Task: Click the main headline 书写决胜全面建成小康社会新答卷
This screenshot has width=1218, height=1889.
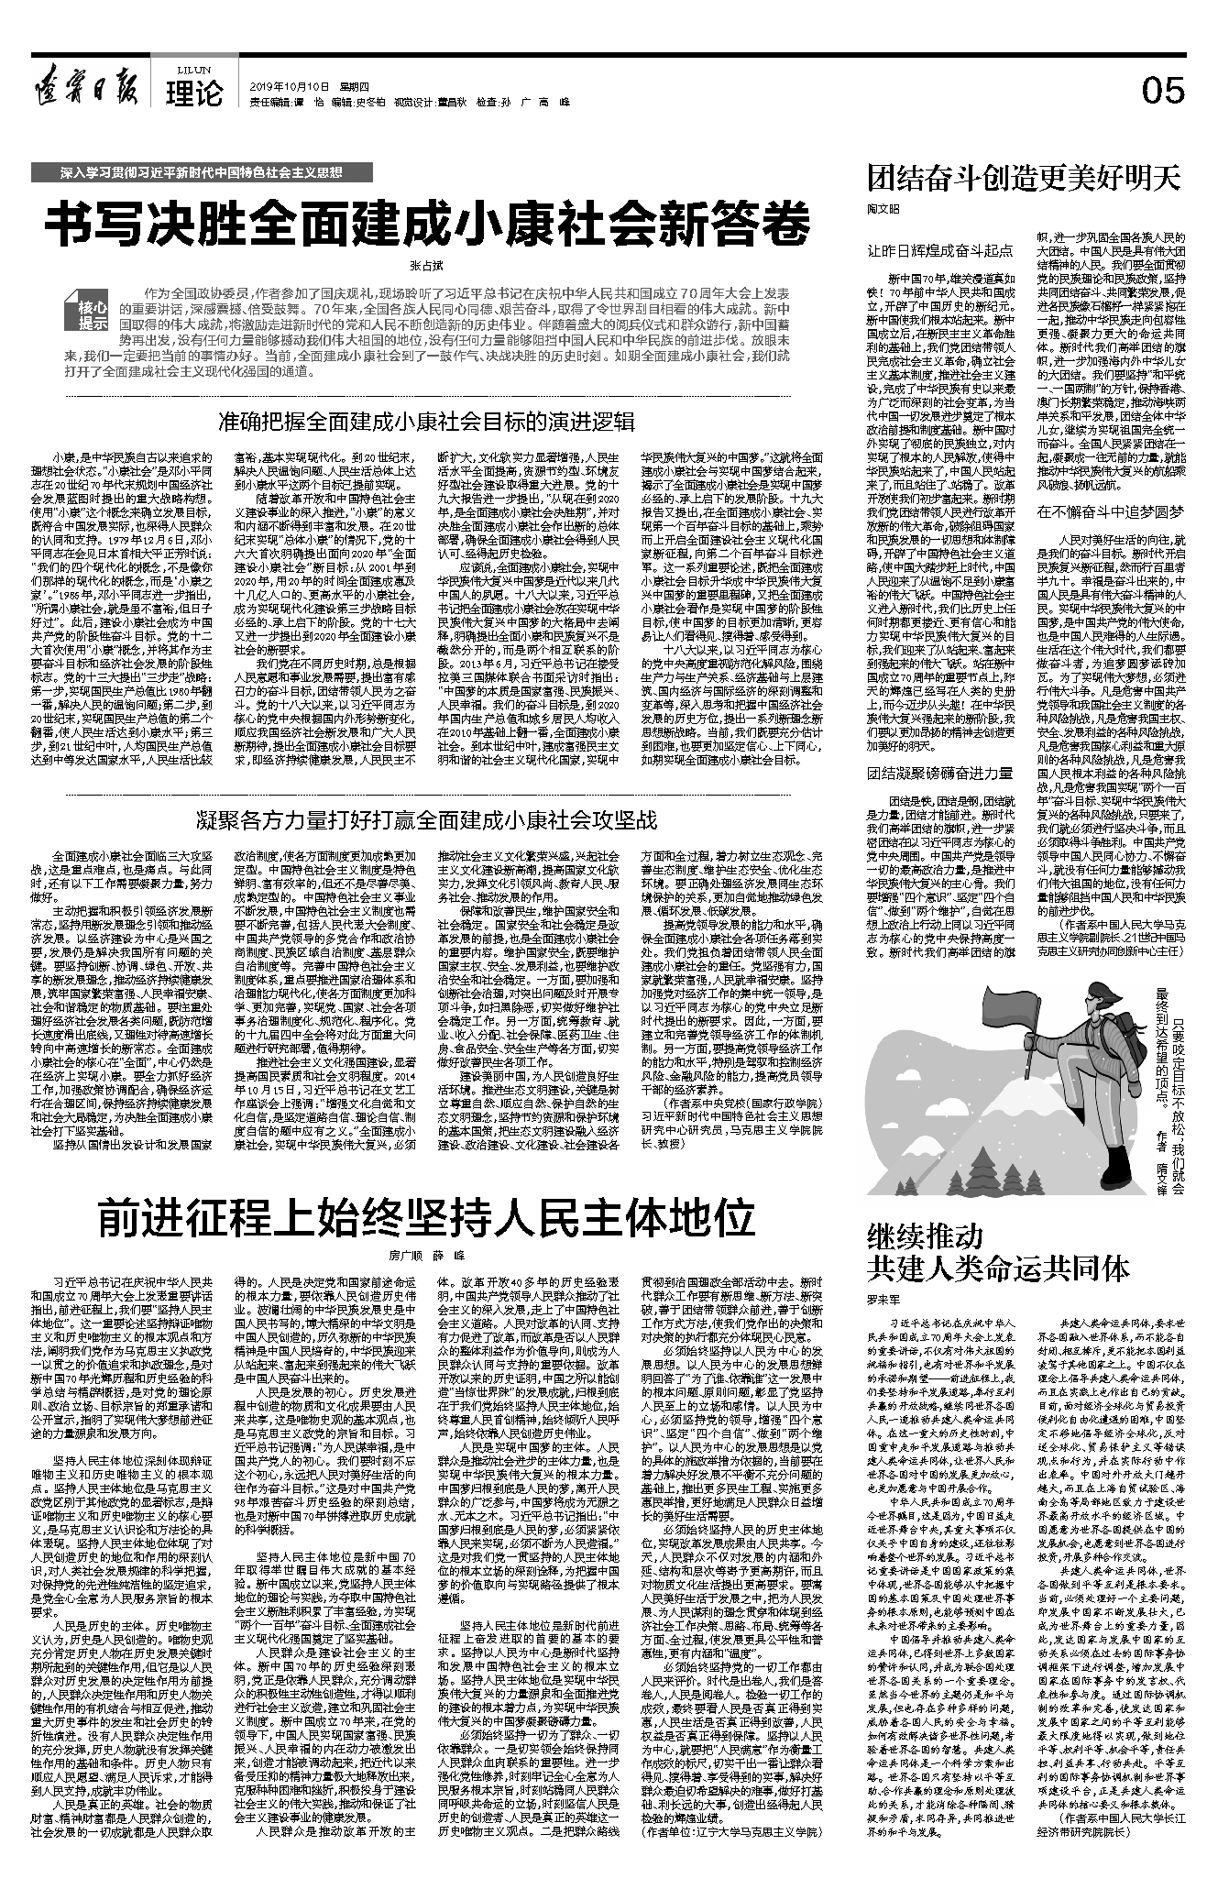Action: point(430,221)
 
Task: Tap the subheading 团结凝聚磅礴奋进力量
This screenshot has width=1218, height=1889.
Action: point(940,774)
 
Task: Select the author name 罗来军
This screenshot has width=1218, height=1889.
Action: point(884,1299)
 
